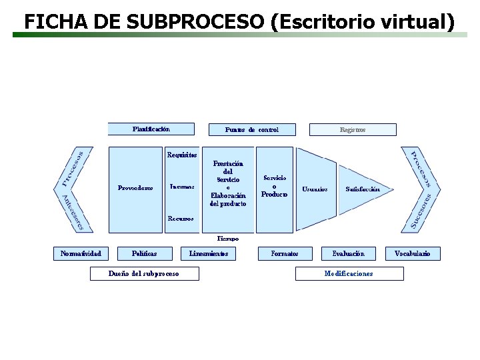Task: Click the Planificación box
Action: click(151, 129)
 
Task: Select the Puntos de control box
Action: click(252, 129)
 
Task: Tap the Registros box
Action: click(353, 129)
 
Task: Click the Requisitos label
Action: click(182, 155)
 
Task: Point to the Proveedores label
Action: click(135, 188)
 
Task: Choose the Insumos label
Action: click(182, 187)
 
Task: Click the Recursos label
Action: click(181, 218)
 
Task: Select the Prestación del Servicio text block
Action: click(228, 183)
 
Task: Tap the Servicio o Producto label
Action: click(275, 186)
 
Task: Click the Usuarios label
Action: click(315, 189)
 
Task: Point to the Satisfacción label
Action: click(363, 189)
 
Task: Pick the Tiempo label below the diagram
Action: click(228, 238)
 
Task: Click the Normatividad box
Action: click(81, 253)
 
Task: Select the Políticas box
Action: click(145, 253)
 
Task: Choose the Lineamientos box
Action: click(209, 253)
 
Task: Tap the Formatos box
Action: click(285, 253)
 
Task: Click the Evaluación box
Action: click(349, 253)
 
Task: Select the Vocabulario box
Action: click(413, 253)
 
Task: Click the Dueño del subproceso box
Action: click(144, 273)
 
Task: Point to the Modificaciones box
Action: click(349, 273)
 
